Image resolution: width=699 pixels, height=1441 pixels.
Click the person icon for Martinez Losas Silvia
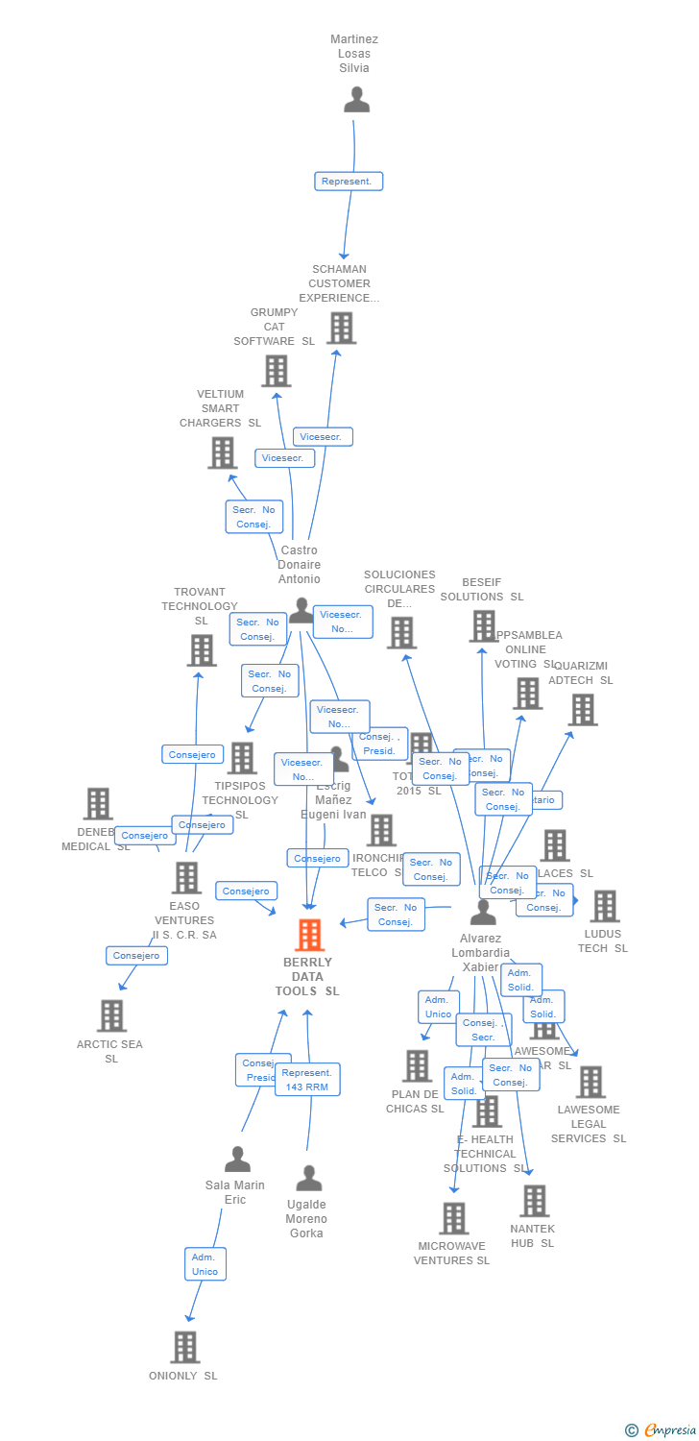[356, 100]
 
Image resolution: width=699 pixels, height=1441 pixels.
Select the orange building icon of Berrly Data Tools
[309, 935]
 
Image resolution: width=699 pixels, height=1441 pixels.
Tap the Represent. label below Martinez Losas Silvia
[349, 181]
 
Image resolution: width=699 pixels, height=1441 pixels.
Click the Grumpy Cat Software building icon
[276, 371]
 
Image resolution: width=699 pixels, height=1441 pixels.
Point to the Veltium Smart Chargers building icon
[222, 452]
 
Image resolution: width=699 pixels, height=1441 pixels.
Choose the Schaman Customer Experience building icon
[341, 328]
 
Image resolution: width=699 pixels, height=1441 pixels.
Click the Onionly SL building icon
[185, 1347]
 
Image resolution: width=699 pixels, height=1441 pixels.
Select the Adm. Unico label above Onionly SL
[205, 1263]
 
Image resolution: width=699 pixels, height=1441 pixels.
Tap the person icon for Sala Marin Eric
[237, 1160]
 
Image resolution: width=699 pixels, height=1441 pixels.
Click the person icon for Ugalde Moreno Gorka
[308, 1178]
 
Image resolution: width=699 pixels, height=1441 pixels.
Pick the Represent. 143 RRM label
[307, 1080]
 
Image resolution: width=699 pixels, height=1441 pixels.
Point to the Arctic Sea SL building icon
[111, 1015]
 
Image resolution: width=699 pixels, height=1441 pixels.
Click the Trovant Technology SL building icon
[202, 650]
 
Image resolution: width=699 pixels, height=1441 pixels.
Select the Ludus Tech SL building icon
[604, 906]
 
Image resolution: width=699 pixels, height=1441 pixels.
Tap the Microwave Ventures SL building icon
[453, 1218]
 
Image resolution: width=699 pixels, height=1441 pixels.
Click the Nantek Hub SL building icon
[534, 1201]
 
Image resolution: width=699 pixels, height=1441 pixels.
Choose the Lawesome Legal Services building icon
[591, 1082]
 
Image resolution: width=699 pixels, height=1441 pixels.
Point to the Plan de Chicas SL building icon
[417, 1065]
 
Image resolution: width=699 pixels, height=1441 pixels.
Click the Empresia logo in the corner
[663, 1430]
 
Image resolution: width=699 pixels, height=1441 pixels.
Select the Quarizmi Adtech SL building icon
[582, 710]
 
